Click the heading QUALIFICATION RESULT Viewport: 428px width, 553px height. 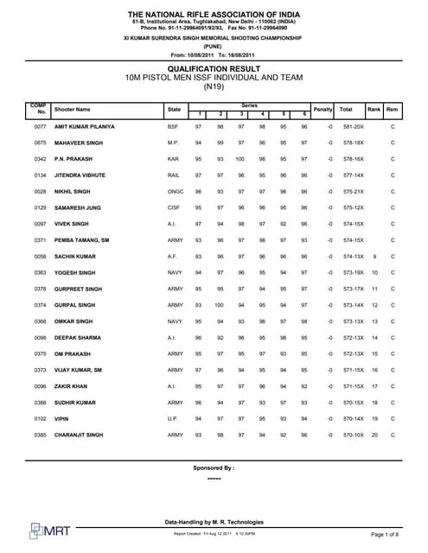click(213, 66)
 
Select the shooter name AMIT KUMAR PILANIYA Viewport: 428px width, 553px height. click(84, 126)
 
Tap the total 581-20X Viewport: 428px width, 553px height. click(351, 126)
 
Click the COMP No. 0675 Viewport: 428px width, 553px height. click(40, 143)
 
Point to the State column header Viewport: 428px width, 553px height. click(174, 110)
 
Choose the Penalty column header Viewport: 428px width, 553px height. click(323, 110)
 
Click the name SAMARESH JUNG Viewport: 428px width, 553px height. click(76, 207)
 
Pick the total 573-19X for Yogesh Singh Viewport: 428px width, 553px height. click(351, 272)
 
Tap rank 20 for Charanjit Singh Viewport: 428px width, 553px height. click(374, 435)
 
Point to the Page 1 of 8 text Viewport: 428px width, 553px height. click(389, 536)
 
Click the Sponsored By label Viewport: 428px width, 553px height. click(213, 467)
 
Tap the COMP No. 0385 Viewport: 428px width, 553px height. click(40, 435)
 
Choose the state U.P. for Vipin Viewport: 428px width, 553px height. click(173, 418)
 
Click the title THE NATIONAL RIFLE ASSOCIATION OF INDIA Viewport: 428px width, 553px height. click(213, 15)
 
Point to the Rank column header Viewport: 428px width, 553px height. click(374, 110)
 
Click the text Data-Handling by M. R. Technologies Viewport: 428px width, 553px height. click(213, 522)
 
